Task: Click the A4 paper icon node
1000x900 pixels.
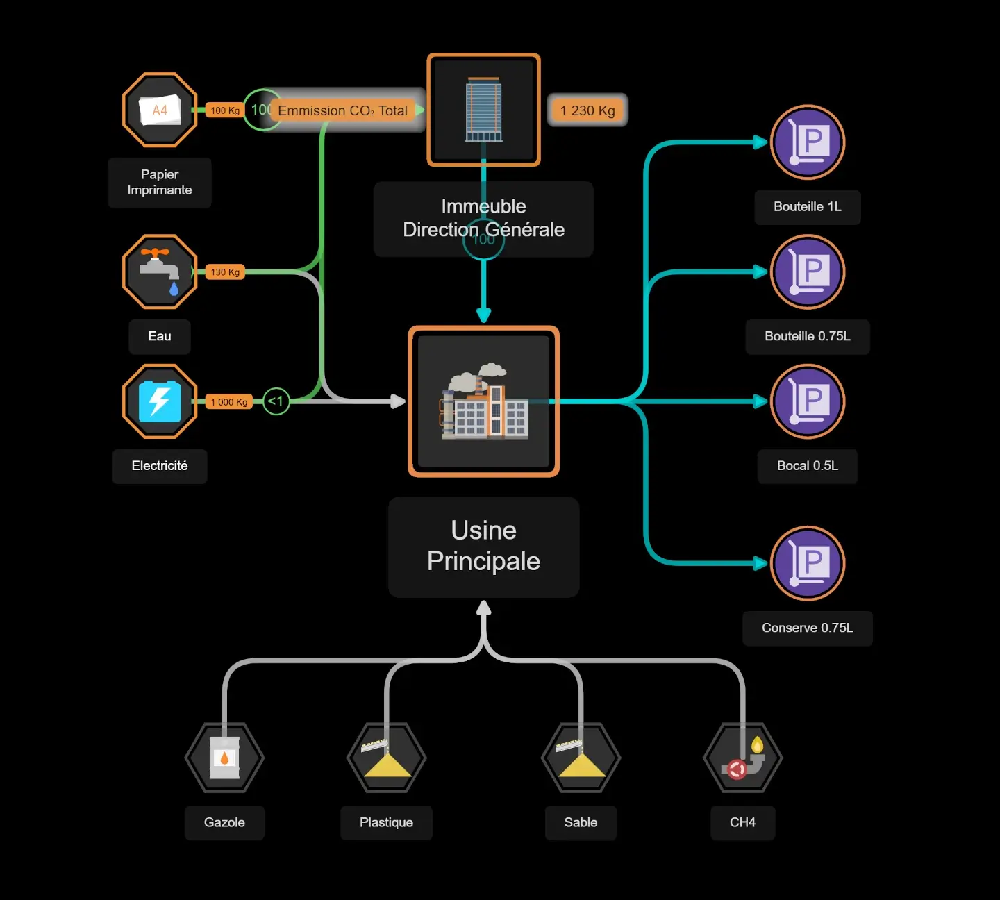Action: (160, 110)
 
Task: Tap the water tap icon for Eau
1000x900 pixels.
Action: (160, 272)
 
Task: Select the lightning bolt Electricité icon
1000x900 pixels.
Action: (160, 401)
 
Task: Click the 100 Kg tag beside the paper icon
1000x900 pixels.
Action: (225, 110)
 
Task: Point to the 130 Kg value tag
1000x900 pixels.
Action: (225, 272)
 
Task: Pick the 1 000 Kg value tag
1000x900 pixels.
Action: (229, 402)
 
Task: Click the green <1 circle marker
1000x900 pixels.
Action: (276, 401)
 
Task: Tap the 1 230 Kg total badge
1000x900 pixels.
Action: (587, 110)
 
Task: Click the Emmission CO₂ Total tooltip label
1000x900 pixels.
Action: (343, 110)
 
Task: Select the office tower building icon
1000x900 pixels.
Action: (483, 110)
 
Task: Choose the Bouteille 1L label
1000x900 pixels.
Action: (808, 207)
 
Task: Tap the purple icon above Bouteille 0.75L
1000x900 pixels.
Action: (808, 272)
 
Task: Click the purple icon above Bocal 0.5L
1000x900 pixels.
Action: (808, 401)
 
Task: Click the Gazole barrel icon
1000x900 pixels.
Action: (224, 758)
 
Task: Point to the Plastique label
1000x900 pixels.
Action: (386, 823)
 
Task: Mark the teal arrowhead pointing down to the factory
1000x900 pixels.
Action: (484, 315)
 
